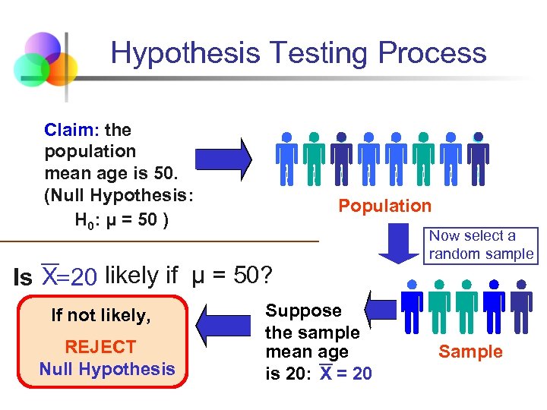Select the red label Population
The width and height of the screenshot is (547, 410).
pyautogui.click(x=384, y=206)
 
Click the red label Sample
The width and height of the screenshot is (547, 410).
pyautogui.click(x=470, y=352)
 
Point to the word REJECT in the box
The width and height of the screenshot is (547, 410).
pyautogui.click(x=100, y=347)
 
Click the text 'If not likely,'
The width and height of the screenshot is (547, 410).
pyautogui.click(x=101, y=315)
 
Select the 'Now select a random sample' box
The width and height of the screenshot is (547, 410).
pyautogui.click(x=481, y=245)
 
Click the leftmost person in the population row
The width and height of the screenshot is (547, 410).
pyautogui.click(x=286, y=159)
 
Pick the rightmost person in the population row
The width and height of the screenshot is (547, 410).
pyautogui.click(x=478, y=159)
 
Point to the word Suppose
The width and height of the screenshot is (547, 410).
pyautogui.click(x=303, y=311)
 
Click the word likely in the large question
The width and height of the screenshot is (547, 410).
pyautogui.click(x=133, y=275)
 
